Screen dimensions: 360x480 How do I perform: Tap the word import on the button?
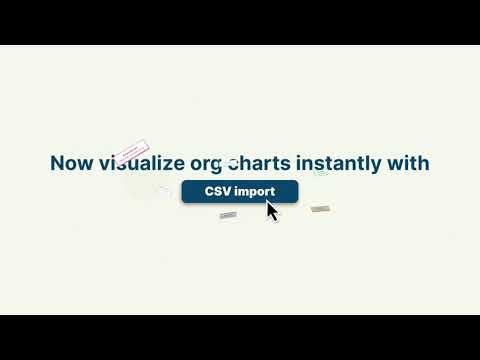pos(254,191)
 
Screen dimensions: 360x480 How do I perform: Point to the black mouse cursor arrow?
pos(271,211)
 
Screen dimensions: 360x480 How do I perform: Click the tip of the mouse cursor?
pos(267,202)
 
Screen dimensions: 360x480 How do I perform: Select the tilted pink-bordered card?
pos(131,152)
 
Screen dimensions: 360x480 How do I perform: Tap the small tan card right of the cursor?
pos(320,209)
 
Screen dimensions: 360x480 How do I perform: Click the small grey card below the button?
pos(228,215)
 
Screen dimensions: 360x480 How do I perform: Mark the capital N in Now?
pos(57,163)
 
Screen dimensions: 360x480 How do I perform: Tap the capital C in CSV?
pos(210,191)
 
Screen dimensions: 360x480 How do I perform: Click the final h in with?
pos(424,163)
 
